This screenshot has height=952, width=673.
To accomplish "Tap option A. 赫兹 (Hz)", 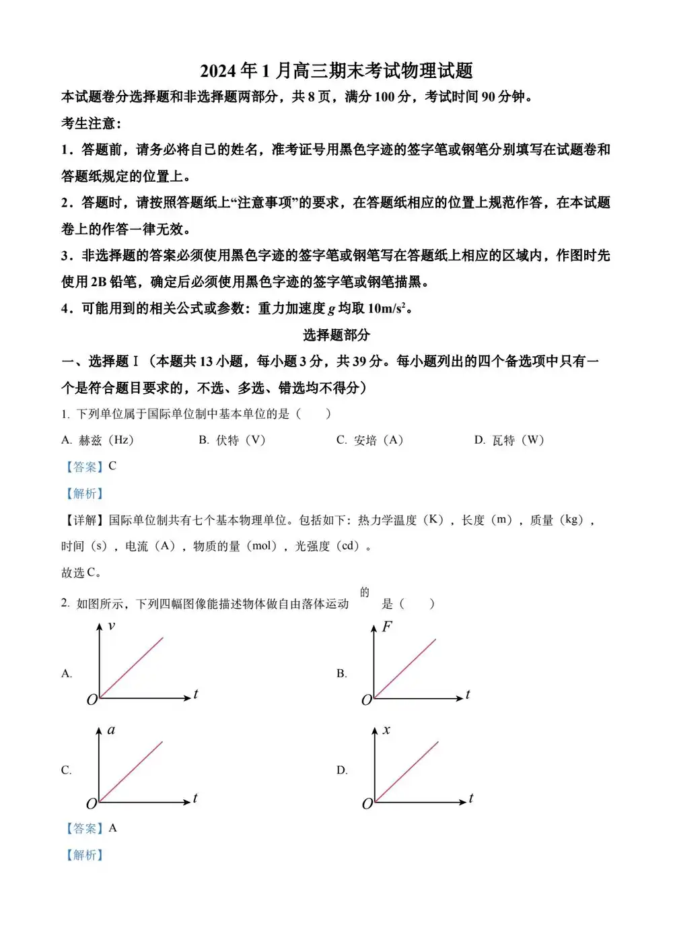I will click(x=98, y=440).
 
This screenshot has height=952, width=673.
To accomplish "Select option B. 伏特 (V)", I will click(x=233, y=440).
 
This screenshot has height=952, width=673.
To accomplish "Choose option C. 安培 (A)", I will click(x=370, y=440).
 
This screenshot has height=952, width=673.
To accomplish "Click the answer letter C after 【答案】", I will click(x=112, y=466).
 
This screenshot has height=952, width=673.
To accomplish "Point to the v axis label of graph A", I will click(x=112, y=626).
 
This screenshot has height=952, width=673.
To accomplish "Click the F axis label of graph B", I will click(x=387, y=627).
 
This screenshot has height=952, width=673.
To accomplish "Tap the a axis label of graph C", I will click(x=112, y=730).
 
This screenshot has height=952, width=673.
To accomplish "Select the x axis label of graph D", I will click(x=386, y=730).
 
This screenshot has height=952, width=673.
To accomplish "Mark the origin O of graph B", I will click(x=367, y=700).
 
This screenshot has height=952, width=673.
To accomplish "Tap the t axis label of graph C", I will click(x=195, y=798).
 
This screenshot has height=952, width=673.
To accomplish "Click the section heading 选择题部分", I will click(x=336, y=335).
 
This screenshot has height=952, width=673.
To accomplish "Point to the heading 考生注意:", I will click(x=92, y=123).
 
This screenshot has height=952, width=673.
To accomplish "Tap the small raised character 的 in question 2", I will click(x=365, y=592).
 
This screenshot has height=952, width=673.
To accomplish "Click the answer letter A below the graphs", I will click(x=112, y=828).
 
